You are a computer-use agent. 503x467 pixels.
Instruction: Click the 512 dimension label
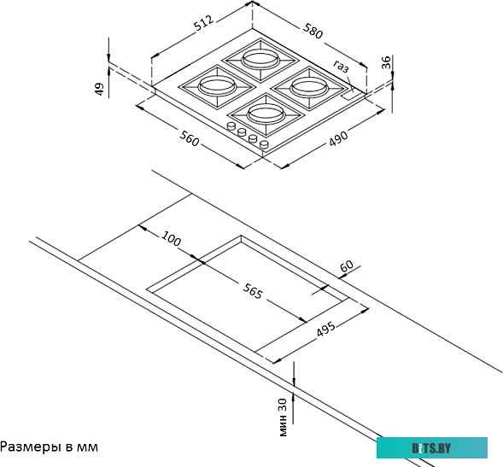pos(204,23)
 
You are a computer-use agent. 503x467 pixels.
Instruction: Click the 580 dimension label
pos(313,31)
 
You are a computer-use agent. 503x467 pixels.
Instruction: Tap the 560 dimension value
pos(190,138)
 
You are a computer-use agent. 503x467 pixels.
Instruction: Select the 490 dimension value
pos(338,138)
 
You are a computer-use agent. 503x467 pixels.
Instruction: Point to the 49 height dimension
pos(100,89)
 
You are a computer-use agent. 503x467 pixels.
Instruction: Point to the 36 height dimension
pos(386,62)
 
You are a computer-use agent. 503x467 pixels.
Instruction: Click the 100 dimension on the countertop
pos(172,239)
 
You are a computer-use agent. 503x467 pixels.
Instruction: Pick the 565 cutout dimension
pos(253,291)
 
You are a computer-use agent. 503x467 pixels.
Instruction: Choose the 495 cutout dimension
pos(325,329)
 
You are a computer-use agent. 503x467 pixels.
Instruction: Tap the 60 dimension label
pos(347,266)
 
